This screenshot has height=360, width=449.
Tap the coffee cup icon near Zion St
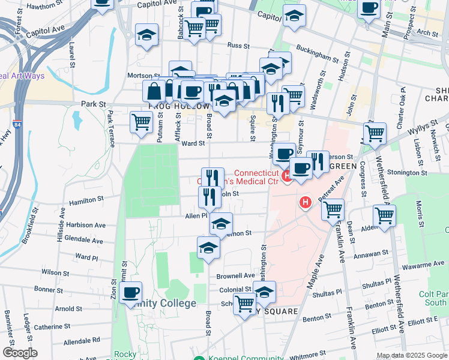130,293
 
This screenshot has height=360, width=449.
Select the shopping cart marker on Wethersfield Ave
384,215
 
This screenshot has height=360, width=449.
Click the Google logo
20,352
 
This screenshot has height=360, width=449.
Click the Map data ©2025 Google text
411,355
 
